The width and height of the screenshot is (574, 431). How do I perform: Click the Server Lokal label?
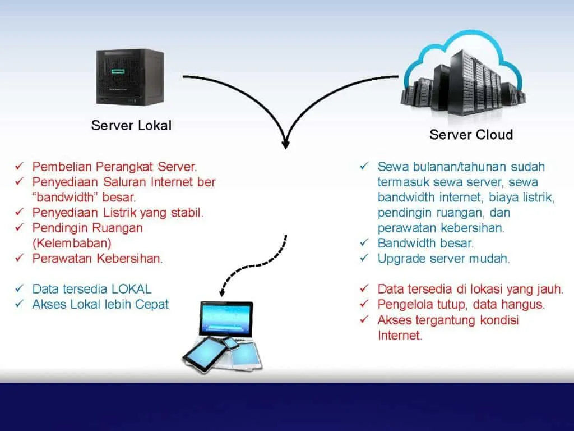(131, 125)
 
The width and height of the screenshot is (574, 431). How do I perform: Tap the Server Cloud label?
(471, 135)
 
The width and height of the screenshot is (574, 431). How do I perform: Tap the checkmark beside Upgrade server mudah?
(364, 259)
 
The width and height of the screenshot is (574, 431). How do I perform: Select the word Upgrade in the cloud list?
(400, 259)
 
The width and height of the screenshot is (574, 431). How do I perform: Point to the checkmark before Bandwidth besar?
(364, 244)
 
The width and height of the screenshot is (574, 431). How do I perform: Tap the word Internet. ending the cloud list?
(400, 336)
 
